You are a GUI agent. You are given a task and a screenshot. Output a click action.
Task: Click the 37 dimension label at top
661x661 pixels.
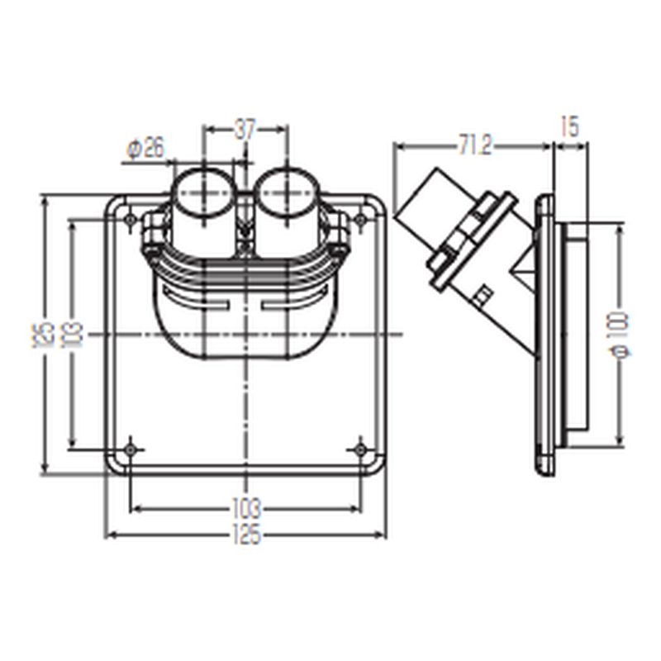(x=245, y=130)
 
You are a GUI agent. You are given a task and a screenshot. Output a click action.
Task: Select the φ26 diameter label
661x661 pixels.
(x=145, y=149)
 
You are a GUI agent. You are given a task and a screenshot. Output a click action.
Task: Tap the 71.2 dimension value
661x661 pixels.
(x=474, y=146)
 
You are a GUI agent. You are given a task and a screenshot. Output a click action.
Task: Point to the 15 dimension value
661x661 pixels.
(x=570, y=127)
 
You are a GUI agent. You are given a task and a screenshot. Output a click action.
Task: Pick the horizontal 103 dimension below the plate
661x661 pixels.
(x=246, y=509)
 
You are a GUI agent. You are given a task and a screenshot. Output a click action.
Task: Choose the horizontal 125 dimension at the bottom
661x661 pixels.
(x=246, y=535)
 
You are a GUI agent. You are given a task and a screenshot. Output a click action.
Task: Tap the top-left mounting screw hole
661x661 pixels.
(x=131, y=219)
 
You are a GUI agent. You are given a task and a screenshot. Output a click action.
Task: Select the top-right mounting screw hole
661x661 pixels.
(x=360, y=219)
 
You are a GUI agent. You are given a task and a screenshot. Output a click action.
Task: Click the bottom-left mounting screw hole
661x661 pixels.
(x=131, y=449)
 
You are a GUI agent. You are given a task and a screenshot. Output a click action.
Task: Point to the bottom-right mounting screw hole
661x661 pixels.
(x=360, y=449)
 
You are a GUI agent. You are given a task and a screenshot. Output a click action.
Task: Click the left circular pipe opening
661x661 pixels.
(x=204, y=193)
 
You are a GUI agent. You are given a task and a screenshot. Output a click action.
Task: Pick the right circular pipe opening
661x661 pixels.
(x=288, y=193)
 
